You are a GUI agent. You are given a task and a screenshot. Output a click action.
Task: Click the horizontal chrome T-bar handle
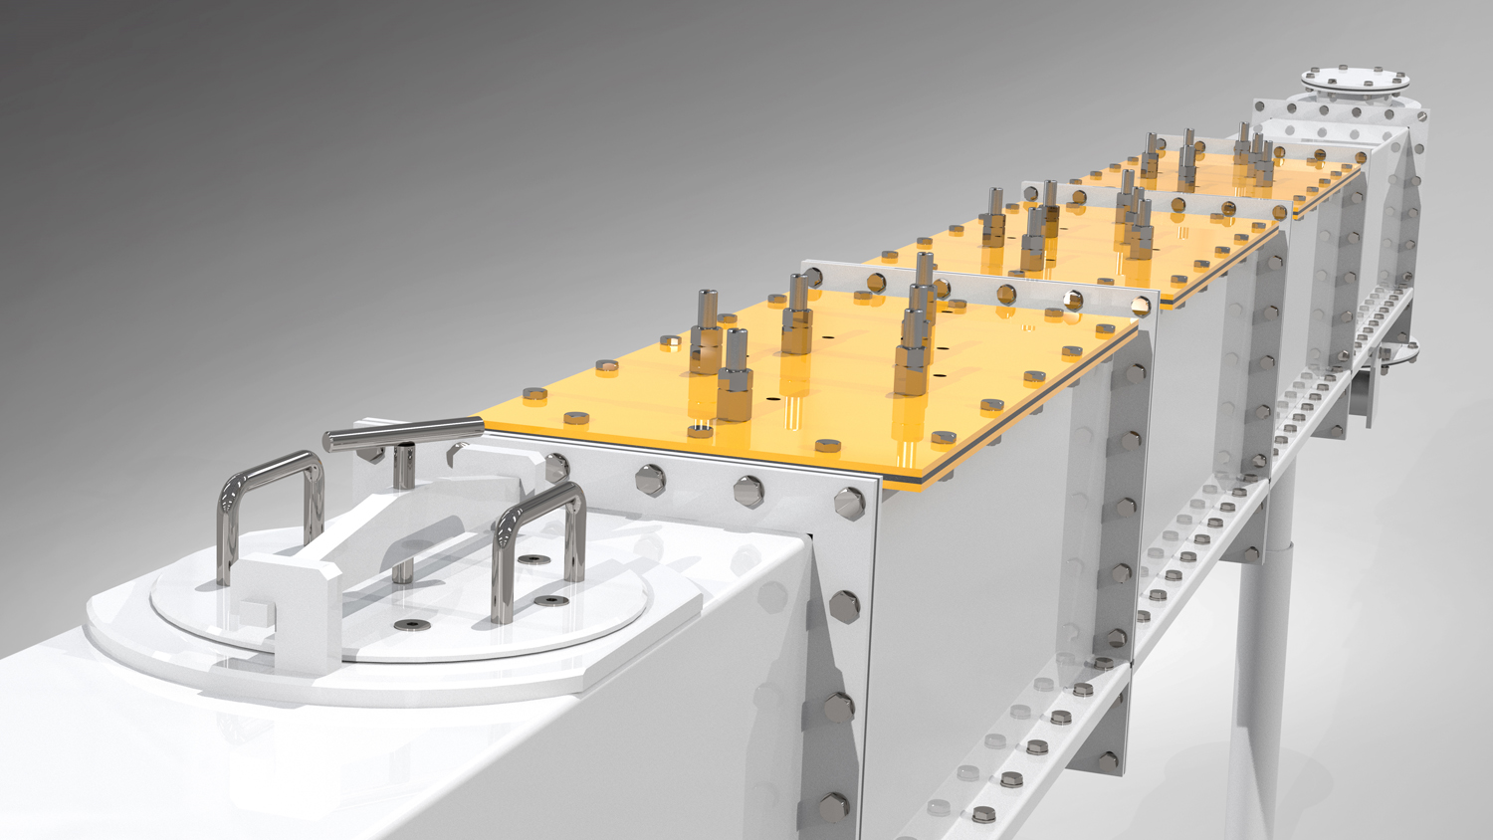click(403, 434)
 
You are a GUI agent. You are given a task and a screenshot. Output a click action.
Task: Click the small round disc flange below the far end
click(1401, 351)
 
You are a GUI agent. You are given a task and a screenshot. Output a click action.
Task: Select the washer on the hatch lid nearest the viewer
click(409, 624)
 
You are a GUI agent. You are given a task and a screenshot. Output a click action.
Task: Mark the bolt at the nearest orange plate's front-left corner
click(534, 395)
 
